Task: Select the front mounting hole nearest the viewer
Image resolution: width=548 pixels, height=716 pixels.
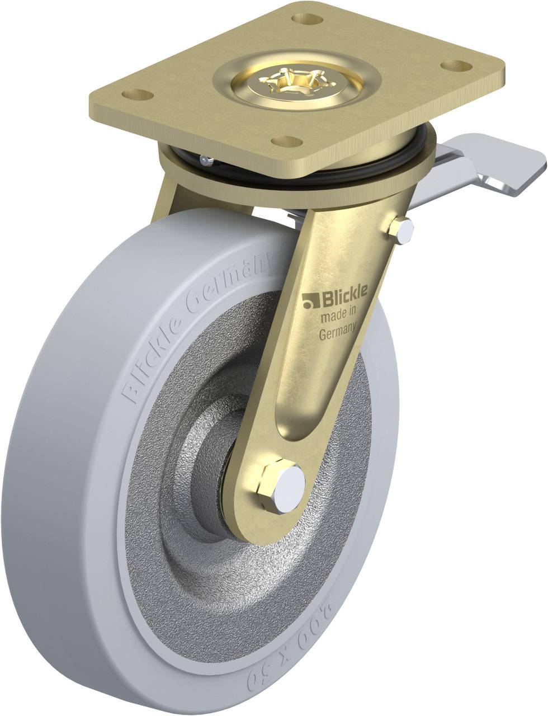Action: pos(288,140)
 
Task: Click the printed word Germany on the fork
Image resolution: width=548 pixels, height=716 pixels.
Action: pos(338,333)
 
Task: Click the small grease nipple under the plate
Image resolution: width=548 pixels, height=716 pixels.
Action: pos(207,162)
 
